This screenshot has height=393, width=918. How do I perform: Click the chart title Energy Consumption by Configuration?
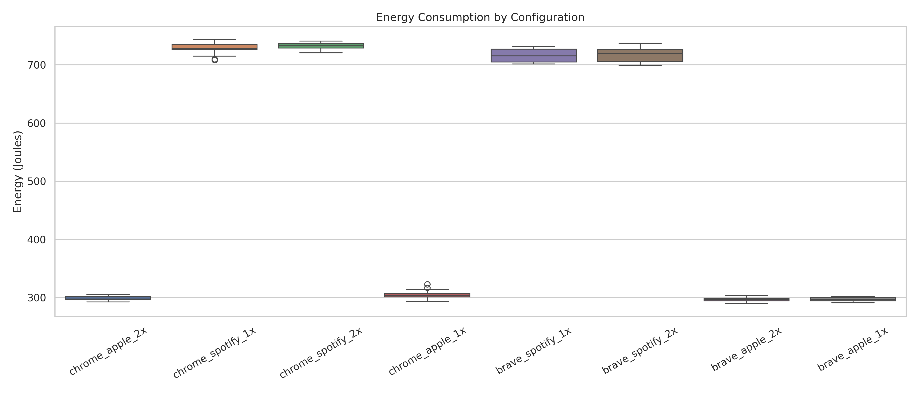point(480,17)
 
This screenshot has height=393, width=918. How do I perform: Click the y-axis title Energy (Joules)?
point(18,172)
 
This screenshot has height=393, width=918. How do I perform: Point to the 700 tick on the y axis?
point(37,65)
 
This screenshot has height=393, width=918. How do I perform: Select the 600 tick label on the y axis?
point(37,124)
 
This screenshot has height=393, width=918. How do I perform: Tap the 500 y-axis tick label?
point(37,182)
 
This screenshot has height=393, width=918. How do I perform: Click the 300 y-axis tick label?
point(37,298)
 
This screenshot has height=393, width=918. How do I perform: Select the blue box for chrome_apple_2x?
point(108,298)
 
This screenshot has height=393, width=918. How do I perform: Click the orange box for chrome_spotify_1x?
point(215,47)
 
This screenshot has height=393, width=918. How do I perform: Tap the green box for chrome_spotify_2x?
point(321,46)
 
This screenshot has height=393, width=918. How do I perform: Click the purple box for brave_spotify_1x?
point(534,55)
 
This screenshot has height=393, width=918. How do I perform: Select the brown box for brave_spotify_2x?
point(640,55)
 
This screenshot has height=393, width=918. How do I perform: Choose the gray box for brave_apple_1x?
point(853,299)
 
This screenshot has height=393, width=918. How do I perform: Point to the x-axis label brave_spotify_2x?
point(640,351)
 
